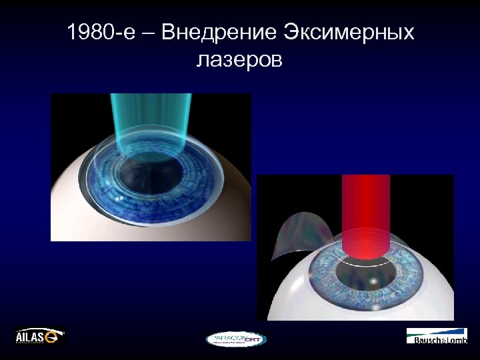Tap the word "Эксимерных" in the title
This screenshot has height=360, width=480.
pyautogui.click(x=349, y=32)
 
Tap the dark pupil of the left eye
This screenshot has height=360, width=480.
pyautogui.click(x=150, y=170)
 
